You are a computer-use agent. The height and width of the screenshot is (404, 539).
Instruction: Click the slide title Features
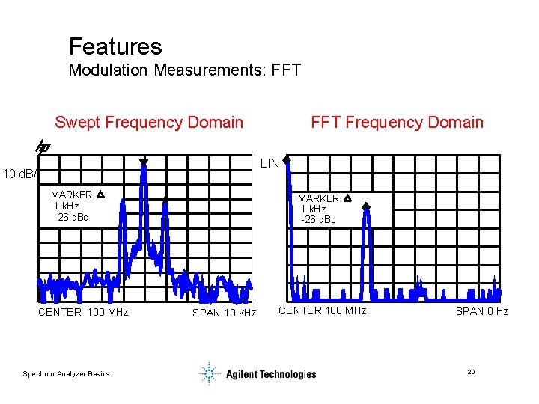pos(115,46)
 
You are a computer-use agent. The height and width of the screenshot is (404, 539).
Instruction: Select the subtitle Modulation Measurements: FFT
pos(184,71)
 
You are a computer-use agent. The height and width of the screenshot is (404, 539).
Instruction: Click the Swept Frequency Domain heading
pos(149,122)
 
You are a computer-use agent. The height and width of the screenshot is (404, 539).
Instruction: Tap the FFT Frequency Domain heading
pos(397,122)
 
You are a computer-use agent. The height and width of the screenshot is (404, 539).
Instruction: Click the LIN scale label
pos(269,163)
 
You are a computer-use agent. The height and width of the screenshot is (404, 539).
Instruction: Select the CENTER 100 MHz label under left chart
pos(83,312)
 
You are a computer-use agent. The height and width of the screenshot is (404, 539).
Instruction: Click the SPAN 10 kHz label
pos(224,313)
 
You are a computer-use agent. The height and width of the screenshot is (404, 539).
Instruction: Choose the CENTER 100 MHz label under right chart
pos(322,310)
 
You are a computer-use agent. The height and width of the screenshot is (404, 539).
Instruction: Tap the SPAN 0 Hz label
pos(481,311)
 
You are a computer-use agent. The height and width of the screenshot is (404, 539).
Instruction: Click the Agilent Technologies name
pos(271,374)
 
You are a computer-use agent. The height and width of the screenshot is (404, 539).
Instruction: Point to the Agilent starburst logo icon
pos(210,373)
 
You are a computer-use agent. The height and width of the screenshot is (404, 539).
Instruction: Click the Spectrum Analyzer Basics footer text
pos(66,374)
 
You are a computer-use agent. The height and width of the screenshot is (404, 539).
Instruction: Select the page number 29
pos(471,372)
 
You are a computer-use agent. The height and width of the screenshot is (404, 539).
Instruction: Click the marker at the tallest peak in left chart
pos(144,161)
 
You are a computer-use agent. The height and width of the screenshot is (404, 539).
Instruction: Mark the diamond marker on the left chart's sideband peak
pos(165,199)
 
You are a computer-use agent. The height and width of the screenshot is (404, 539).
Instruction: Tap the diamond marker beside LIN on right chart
pos(286,159)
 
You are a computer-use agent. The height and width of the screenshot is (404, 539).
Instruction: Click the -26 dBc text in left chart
pos(71,217)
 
